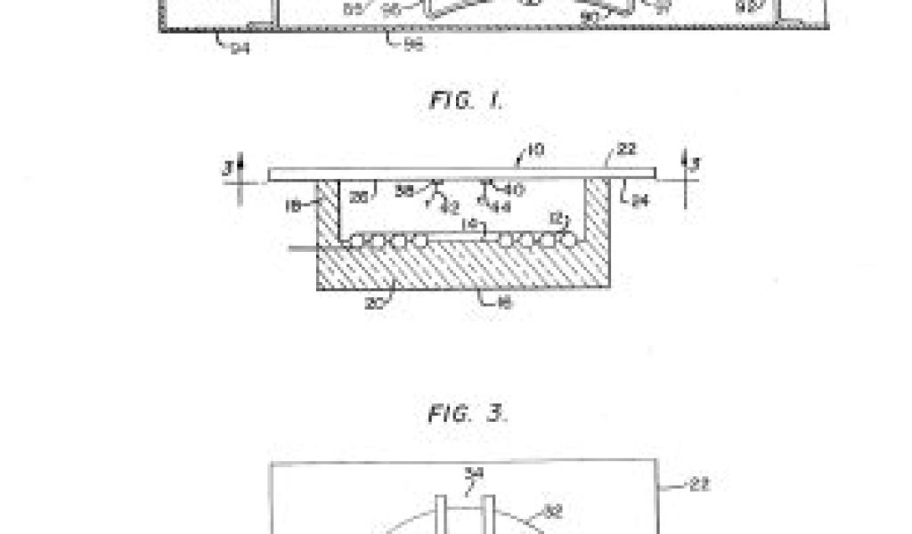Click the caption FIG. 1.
[466, 101]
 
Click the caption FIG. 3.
[467, 413]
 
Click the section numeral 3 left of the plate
[230, 167]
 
